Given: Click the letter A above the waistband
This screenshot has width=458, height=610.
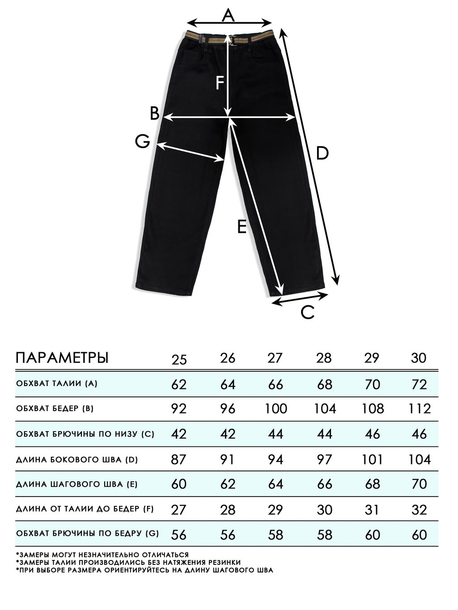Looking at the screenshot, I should click(229, 16).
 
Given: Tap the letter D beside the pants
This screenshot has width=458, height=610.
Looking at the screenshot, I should click(322, 153).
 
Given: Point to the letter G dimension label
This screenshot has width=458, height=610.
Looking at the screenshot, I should click(142, 142).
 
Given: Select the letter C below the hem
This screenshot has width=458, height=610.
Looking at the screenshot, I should click(308, 312).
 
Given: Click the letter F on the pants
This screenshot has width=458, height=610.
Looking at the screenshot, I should click(219, 83).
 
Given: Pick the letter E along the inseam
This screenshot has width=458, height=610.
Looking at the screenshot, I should click(242, 227).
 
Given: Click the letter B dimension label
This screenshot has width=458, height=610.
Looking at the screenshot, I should click(154, 114).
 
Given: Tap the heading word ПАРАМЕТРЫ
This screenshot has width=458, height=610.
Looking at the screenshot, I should click(62, 358).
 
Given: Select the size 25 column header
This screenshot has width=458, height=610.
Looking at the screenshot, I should click(179, 359).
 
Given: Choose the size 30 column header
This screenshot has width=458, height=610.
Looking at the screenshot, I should click(419, 358).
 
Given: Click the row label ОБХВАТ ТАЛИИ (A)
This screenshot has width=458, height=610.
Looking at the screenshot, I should click(57, 383).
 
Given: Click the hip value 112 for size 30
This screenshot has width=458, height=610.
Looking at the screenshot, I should click(419, 408).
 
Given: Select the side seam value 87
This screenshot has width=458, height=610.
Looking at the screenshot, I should click(178, 459).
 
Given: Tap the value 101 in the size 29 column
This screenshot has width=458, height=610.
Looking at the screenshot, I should click(372, 459).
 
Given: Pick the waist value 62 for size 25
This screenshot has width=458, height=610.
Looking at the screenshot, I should click(178, 384).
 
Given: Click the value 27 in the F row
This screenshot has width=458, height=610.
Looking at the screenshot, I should click(178, 509).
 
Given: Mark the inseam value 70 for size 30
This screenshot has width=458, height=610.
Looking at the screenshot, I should click(419, 484).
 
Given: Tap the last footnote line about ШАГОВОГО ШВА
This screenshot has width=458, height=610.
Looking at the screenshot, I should click(144, 570).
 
